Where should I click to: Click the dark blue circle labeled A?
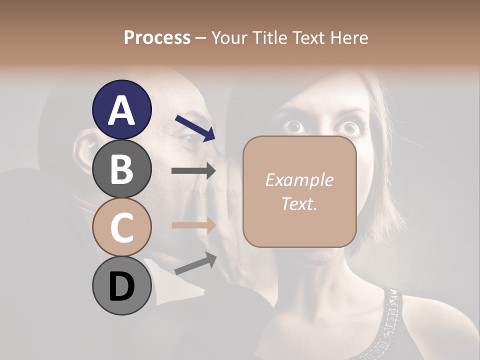click(x=121, y=109)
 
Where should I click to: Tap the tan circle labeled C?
click(x=121, y=227)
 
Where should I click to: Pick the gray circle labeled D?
click(x=121, y=286)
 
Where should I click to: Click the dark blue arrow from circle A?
click(x=195, y=128)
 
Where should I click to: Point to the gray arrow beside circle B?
click(x=193, y=171)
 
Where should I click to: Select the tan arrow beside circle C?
click(x=193, y=225)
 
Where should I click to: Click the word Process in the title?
click(x=157, y=37)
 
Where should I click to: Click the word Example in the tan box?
click(x=299, y=180)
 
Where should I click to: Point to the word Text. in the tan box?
click(x=299, y=203)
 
